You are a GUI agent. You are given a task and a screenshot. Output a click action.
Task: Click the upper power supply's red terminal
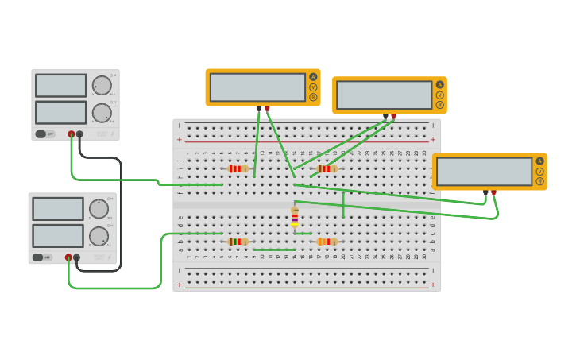(72, 134)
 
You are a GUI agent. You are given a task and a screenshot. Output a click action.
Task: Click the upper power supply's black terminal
(79, 134)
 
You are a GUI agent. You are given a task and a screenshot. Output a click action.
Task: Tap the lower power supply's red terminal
(68, 257)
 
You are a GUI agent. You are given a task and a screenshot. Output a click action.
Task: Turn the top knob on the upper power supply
(102, 85)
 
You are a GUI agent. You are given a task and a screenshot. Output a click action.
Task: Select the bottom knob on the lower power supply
(99, 236)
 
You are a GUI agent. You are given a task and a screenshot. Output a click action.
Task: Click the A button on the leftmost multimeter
(313, 77)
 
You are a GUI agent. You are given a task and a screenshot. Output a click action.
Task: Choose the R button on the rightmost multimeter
(539, 181)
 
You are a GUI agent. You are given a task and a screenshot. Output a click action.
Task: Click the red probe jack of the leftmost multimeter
(267, 107)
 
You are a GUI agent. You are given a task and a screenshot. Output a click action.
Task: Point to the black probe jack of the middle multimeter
(385, 115)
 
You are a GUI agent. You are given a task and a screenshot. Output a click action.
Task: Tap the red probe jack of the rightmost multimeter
(493, 192)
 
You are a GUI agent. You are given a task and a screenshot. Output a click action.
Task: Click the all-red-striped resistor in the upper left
(238, 168)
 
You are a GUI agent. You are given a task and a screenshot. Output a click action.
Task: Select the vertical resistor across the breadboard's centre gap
(295, 217)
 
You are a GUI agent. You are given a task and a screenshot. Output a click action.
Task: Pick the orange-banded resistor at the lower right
(327, 242)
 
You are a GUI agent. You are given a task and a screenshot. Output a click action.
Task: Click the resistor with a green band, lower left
(238, 242)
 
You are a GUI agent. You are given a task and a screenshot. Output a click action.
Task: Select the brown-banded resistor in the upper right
(327, 168)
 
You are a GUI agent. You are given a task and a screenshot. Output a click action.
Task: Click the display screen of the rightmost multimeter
(484, 172)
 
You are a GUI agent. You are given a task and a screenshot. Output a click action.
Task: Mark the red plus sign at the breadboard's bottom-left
(179, 285)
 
